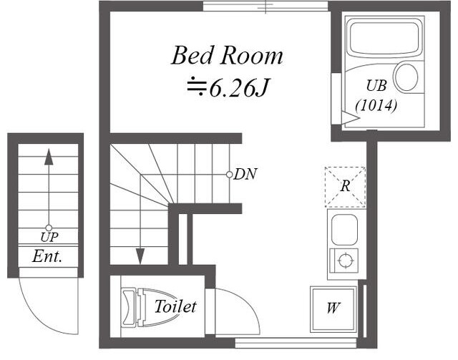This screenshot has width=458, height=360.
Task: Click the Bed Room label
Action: click(227, 56)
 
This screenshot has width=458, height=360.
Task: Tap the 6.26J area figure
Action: click(238, 87)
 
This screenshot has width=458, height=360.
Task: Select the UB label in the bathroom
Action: click(376, 86)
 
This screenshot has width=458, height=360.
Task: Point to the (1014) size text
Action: click(376, 105)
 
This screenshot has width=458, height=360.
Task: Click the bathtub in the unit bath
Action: click(384, 37)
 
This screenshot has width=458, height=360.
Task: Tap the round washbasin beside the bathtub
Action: click(406, 77)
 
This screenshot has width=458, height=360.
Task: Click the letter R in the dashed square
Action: click(345, 186)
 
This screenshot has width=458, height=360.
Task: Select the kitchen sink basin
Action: click(345, 230)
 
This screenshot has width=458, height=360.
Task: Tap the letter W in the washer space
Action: click(333, 308)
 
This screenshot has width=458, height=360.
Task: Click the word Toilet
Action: click(175, 306)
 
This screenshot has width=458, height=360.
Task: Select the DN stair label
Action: click(245, 175)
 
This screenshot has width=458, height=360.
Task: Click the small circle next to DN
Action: click(229, 175)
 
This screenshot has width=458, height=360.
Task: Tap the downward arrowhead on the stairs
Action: click(140, 256)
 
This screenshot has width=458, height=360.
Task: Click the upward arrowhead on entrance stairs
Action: click(49, 157)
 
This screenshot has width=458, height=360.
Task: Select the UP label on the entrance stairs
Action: click(49, 238)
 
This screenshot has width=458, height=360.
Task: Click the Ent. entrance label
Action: click(47, 256)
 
